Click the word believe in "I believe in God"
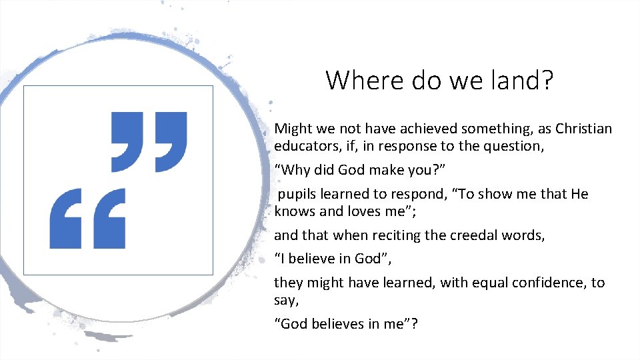(311, 258)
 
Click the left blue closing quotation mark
(127, 141)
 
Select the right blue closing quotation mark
(170, 141)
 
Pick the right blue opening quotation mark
(108, 218)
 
